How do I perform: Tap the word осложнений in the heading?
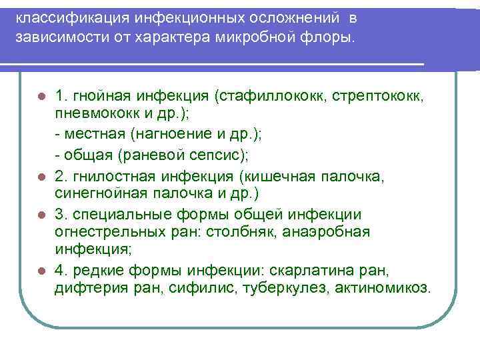pyautogui.click(x=285, y=17)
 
